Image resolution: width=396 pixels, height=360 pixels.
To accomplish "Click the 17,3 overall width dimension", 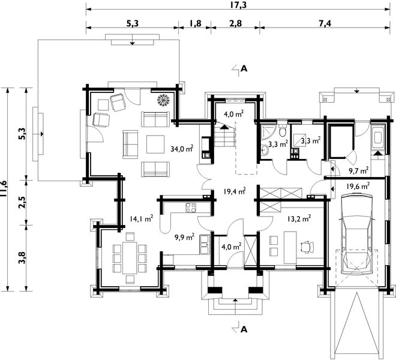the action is [238, 5].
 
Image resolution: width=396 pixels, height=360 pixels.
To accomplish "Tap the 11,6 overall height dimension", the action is [4, 189].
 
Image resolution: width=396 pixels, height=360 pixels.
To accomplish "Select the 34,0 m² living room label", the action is [182, 149].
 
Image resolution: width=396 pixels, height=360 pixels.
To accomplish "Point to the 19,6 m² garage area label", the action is [358, 186].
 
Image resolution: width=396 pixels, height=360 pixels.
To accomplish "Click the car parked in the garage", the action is [357, 233].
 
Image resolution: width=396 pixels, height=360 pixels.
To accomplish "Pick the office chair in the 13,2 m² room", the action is [307, 247].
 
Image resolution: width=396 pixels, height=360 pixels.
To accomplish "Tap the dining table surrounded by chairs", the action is [130, 257].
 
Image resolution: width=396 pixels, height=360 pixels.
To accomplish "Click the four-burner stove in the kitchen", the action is [191, 208].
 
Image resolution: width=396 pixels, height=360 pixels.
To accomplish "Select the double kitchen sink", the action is [204, 244].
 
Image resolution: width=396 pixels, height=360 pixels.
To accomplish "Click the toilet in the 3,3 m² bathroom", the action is [283, 130].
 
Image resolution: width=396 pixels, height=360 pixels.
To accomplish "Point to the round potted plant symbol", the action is [163, 100].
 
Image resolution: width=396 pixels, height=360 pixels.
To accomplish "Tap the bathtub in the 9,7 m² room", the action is [377, 138].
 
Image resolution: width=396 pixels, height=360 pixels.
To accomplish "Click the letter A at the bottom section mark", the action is [244, 329].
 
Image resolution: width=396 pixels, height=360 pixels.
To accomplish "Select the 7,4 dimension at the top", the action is [325, 23].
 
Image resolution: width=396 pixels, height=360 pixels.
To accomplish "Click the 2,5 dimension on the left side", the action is [22, 202].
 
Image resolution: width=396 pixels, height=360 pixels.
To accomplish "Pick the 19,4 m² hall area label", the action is [235, 191].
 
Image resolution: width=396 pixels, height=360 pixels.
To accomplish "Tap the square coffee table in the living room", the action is [155, 144].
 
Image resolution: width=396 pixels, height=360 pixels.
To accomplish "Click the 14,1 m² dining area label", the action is [142, 218].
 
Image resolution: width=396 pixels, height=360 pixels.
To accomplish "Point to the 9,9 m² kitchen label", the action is [185, 237].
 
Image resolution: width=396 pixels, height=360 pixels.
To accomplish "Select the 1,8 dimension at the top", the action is [195, 23].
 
